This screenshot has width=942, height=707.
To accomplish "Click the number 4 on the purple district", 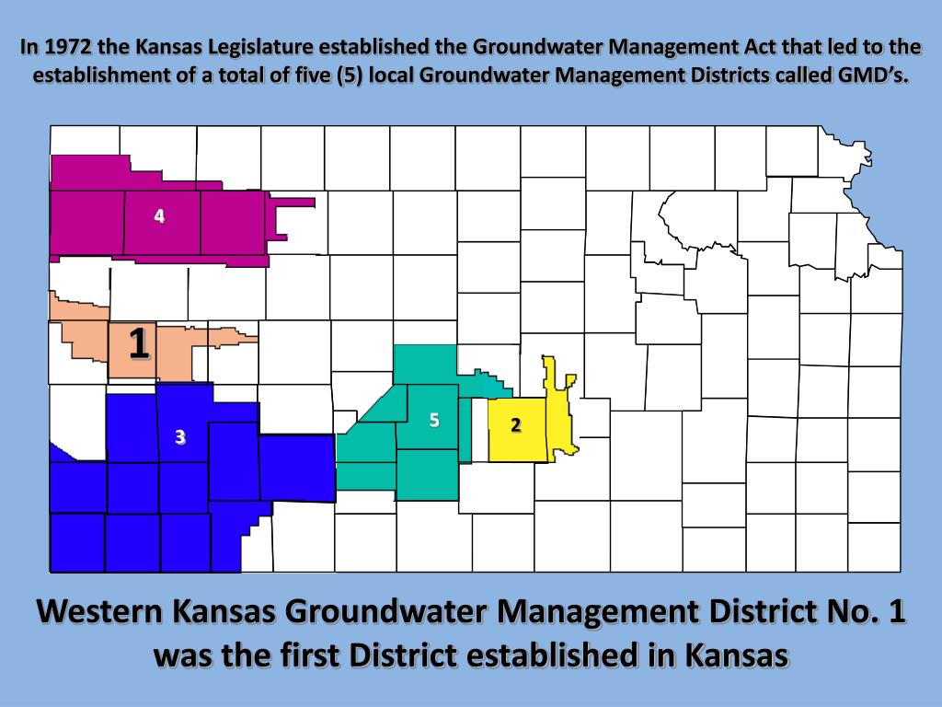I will (160, 216).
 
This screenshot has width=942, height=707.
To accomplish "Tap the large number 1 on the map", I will (139, 343).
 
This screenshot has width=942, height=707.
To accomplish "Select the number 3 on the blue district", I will (180, 436).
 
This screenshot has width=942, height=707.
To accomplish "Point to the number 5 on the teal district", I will (434, 421).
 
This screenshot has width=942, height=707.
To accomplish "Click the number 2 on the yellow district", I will (516, 424).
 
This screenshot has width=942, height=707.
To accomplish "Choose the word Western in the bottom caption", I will (104, 611).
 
